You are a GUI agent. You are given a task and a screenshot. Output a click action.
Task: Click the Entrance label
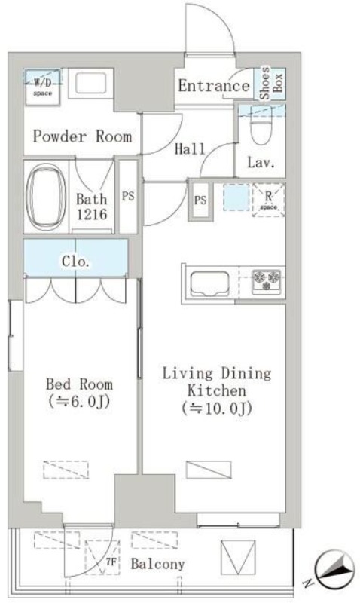(x=214, y=86)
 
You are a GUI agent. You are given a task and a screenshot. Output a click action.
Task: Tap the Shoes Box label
(x=271, y=83)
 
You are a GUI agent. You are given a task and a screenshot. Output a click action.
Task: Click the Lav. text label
(x=261, y=163)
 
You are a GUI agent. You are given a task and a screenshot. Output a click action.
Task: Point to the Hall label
(x=190, y=148)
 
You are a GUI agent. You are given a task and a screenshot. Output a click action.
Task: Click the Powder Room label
(x=82, y=136)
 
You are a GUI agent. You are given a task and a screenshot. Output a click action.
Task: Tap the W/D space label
(x=43, y=87)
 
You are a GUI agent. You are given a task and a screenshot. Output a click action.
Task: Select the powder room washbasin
(x=90, y=83)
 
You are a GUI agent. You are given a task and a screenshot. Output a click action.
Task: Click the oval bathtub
(x=47, y=196)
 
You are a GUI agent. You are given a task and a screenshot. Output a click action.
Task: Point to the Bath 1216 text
(x=91, y=207)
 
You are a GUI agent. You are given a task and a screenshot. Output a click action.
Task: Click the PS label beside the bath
(x=128, y=196)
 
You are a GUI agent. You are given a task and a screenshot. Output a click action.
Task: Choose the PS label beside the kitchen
(x=200, y=200)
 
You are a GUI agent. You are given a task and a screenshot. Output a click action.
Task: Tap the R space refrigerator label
(x=269, y=200)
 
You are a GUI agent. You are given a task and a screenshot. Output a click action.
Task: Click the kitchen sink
(x=210, y=284)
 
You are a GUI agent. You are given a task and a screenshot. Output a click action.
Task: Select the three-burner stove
(x=266, y=282)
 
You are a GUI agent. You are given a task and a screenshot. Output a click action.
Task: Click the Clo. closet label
(x=75, y=262)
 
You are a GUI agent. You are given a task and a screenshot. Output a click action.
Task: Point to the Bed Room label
(x=80, y=384)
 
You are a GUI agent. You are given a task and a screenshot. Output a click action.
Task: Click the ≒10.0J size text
(x=217, y=408)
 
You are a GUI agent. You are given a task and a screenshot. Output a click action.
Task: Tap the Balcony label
(x=158, y=564)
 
